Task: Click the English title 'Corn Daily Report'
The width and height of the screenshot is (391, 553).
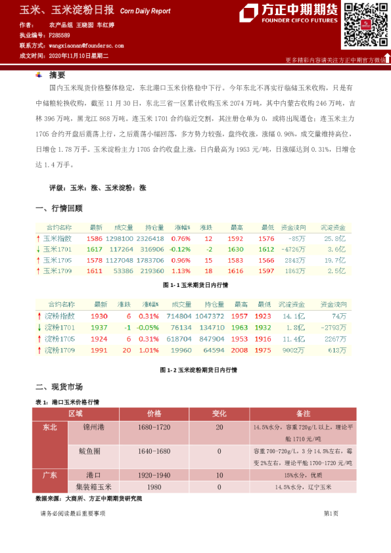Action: click(145, 11)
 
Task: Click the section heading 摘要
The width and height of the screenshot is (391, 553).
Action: click(58, 75)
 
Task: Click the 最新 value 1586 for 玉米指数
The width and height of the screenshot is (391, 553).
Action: click(95, 238)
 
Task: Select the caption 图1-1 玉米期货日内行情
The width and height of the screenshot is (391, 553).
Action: click(195, 286)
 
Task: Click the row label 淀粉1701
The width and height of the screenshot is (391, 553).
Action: click(60, 327)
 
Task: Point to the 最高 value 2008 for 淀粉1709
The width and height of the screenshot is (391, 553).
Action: click(239, 350)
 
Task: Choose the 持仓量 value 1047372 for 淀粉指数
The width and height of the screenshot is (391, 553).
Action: click(210, 316)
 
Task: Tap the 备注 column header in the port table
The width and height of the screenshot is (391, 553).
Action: click(303, 414)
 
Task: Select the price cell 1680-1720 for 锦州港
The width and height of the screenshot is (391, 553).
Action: click(154, 427)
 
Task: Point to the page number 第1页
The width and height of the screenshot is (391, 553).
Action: click(331, 513)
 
